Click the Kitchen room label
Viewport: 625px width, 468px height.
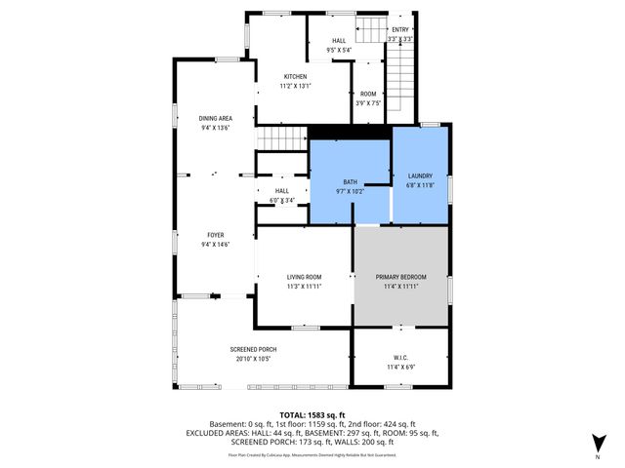[295, 77]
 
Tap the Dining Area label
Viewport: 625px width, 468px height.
[215, 117]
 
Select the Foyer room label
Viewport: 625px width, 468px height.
[215, 234]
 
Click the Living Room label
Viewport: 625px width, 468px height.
[304, 277]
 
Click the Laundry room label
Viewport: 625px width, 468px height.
[420, 175]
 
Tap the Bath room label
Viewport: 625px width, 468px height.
[350, 182]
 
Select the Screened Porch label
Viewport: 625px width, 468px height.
[253, 349]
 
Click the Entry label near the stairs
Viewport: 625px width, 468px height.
[400, 30]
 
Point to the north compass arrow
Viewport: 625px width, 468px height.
[598, 442]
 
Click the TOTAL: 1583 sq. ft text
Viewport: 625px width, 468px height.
[312, 414]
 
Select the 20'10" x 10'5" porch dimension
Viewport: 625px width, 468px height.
[253, 359]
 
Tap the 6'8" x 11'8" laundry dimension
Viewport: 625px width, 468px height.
[420, 185]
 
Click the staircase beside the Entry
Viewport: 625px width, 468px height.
[400, 83]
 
